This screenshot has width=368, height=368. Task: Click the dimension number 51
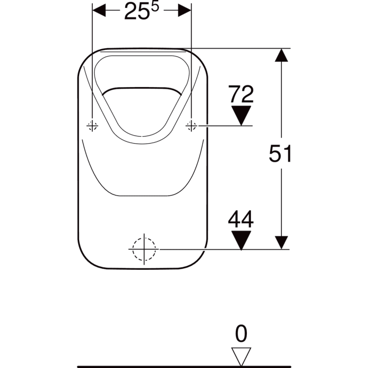pos(280,154)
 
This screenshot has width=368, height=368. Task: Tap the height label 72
pos(241,94)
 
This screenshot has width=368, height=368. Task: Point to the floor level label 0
pos(241,333)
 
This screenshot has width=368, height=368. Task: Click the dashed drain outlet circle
pos(144,248)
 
